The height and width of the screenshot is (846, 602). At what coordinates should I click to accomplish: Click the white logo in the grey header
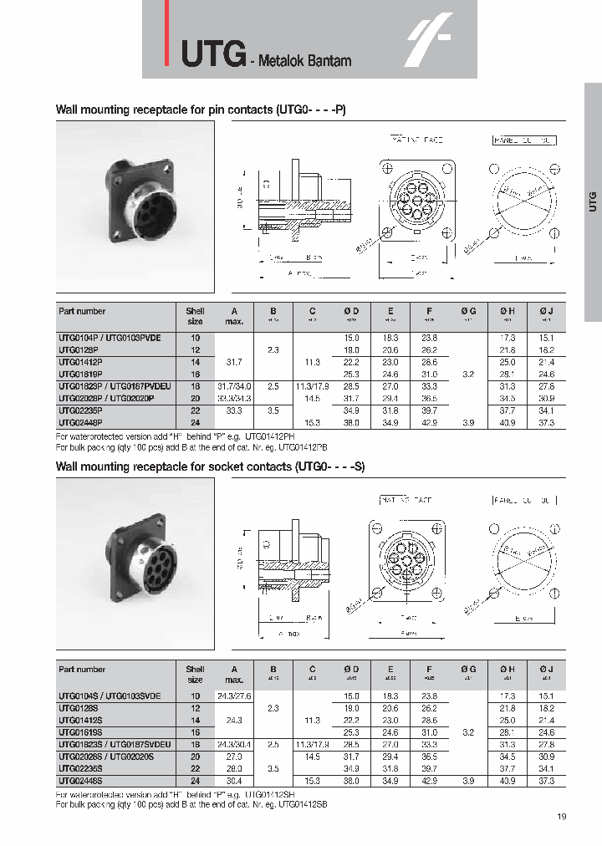click(429, 39)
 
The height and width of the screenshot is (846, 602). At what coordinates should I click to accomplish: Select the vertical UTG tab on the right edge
click(592, 201)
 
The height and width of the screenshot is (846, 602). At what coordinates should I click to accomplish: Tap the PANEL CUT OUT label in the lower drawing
click(524, 500)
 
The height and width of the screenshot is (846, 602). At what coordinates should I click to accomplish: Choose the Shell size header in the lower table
click(195, 674)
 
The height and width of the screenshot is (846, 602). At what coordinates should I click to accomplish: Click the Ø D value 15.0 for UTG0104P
click(351, 337)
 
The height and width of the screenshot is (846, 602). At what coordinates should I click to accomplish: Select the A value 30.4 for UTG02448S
click(234, 780)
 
